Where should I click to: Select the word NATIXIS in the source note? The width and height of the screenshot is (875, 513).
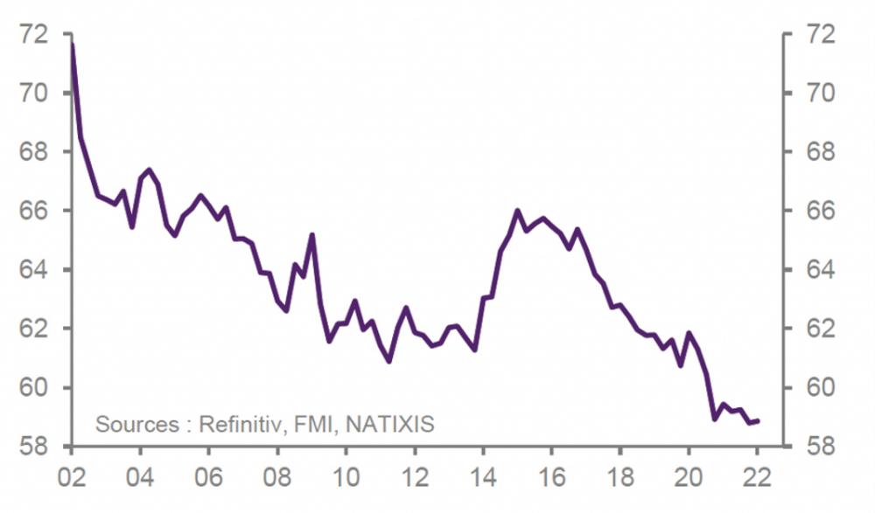point(390,425)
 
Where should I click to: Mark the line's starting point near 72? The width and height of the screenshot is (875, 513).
point(72,44)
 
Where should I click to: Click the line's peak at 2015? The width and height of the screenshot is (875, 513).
point(517,211)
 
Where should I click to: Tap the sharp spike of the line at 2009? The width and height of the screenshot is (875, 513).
point(311,234)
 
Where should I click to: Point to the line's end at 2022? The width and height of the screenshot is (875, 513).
point(758,420)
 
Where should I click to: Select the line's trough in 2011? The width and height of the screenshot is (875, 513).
point(388,361)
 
